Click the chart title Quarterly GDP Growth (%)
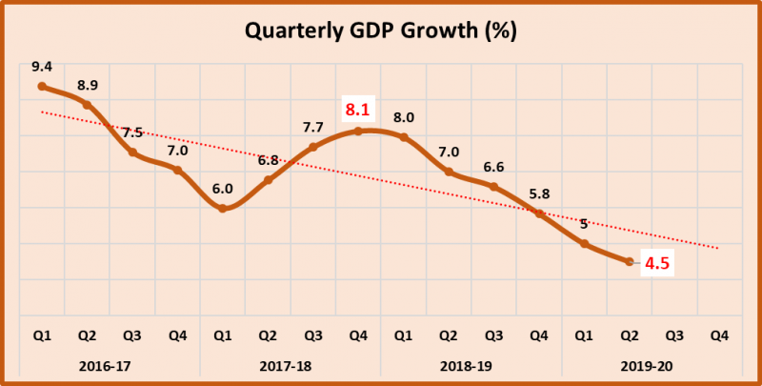tap(381, 31)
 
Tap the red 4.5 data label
tap(657, 263)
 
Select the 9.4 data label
tap(41, 66)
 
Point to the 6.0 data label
tap(222, 188)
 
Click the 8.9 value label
tap(87, 84)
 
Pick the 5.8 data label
tap(539, 193)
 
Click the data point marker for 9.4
tap(42, 87)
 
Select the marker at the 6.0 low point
tap(222, 208)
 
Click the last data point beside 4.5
tap(629, 261)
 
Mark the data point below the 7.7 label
tap(312, 147)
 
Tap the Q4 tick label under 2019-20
tap(719, 335)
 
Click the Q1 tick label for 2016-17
tap(42, 335)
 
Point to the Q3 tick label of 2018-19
tap(493, 335)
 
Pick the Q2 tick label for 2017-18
tap(268, 335)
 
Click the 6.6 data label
tap(493, 167)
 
